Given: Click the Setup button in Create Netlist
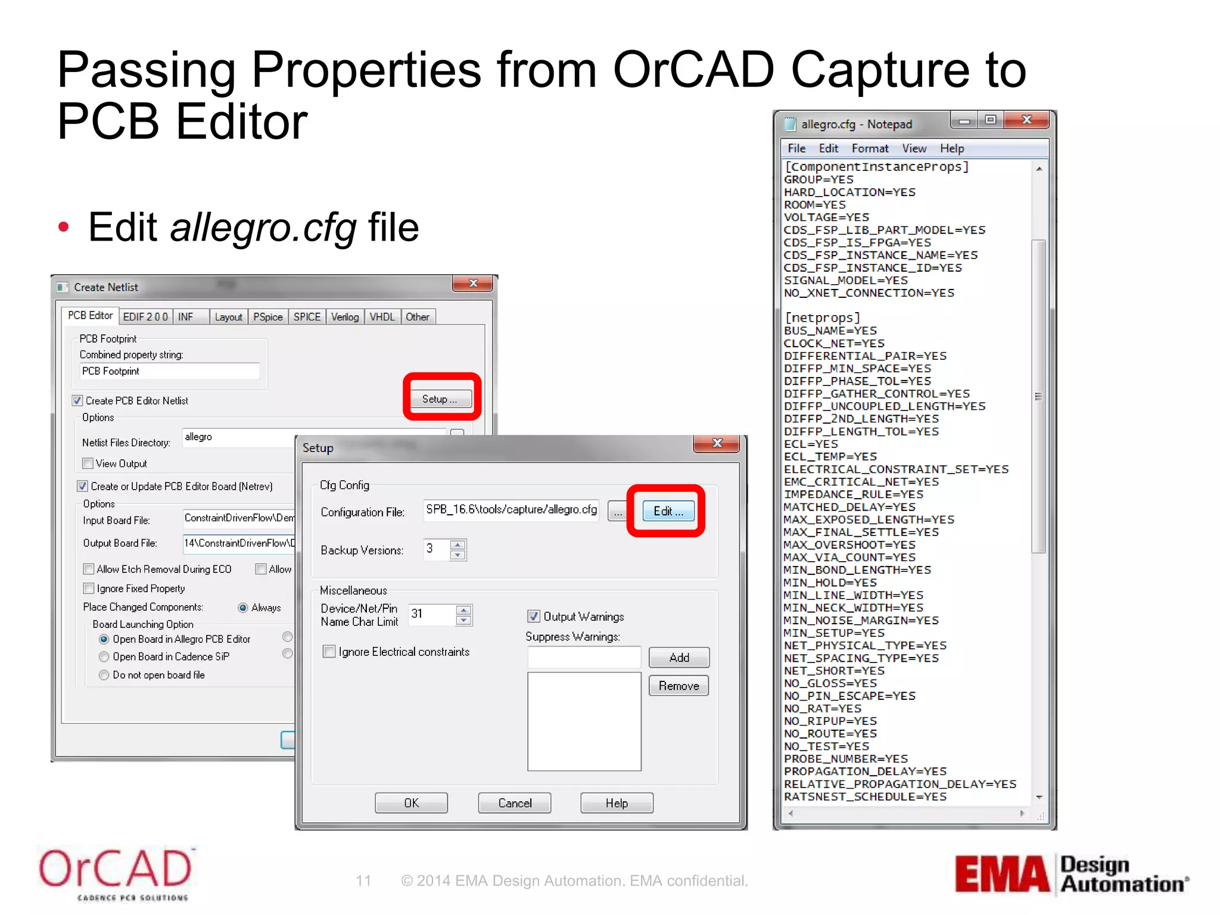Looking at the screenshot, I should point(440,399).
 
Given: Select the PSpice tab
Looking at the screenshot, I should point(267,317).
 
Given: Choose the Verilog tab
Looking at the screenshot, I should point(345,317).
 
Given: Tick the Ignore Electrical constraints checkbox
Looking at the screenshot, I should point(329,651).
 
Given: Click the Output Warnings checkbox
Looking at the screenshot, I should point(534,616).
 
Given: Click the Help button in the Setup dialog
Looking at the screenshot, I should point(617,803).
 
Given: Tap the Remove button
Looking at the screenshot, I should point(679,686).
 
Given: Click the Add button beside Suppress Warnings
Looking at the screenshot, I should point(679,658).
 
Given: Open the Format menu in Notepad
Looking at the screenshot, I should point(870,148).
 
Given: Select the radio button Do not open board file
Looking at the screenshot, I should point(104,675).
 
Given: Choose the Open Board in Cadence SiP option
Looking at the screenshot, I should point(104,656).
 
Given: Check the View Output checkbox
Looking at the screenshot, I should point(88,463).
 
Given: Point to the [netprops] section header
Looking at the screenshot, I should point(822,318).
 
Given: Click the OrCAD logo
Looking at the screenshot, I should point(116,873).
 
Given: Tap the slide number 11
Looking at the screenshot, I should point(363,880).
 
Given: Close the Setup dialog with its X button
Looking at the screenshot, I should point(717,443).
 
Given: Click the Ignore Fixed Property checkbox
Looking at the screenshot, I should point(89,589).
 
